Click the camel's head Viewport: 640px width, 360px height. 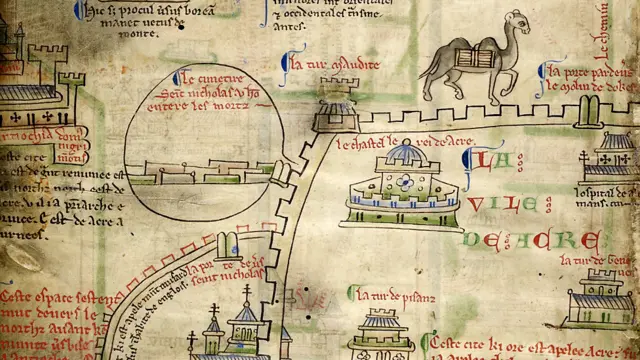517,22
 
